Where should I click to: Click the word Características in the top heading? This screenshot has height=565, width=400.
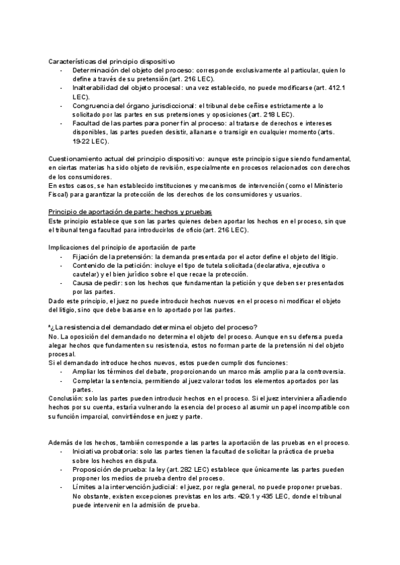(72, 61)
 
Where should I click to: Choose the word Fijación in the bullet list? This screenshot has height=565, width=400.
(85, 257)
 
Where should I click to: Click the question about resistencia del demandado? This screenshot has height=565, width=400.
(153, 326)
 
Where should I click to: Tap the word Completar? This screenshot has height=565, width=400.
(89, 380)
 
